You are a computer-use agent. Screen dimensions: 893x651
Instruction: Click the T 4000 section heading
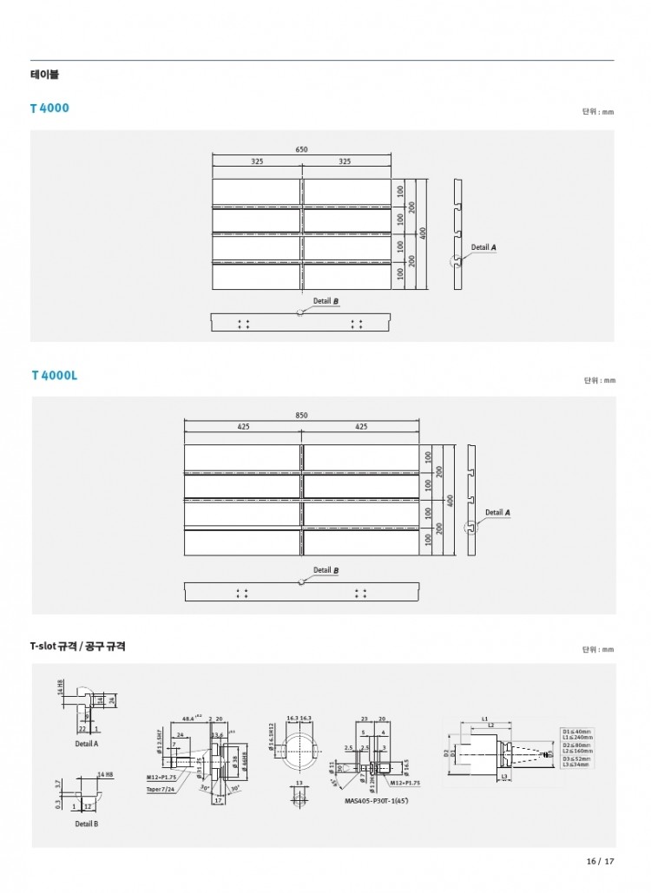49,108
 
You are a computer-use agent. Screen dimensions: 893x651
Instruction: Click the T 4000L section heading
55,376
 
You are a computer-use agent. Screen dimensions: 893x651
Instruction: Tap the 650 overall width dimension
301,150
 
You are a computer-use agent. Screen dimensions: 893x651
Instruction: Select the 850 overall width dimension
301,416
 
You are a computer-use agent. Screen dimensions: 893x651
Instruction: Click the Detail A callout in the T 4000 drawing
483,247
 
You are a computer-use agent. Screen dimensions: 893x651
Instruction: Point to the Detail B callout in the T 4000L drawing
325,570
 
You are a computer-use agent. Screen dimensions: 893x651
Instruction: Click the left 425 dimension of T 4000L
243,427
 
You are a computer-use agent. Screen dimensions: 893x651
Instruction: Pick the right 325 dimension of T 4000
345,161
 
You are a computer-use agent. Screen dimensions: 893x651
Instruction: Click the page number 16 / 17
600,862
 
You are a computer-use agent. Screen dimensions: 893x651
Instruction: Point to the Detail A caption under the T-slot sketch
87,744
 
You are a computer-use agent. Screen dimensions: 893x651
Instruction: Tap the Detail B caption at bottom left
86,823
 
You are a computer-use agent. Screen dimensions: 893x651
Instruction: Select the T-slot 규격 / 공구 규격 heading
77,647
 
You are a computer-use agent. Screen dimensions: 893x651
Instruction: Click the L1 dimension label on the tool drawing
483,719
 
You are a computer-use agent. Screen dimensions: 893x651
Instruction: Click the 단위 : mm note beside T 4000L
599,380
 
